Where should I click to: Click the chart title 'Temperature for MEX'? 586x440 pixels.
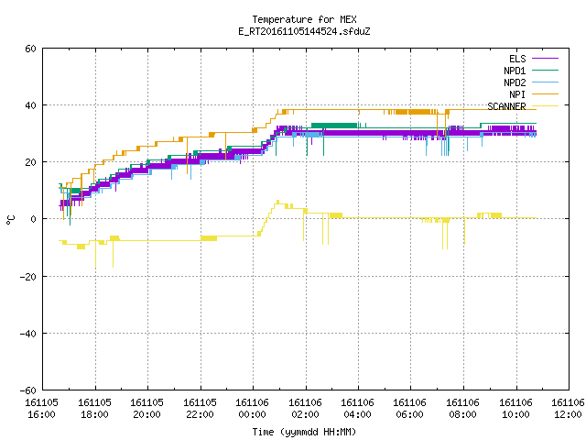pyautogui.click(x=304, y=19)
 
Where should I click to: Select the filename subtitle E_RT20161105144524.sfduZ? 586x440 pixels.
pyautogui.click(x=304, y=31)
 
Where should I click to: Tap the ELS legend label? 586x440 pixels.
pyautogui.click(x=517, y=59)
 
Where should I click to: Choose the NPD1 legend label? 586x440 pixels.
pyautogui.click(x=515, y=71)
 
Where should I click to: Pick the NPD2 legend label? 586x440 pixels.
pyautogui.click(x=515, y=82)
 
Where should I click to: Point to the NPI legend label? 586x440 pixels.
pyautogui.click(x=517, y=94)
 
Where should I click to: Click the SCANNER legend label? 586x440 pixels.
pyautogui.click(x=506, y=106)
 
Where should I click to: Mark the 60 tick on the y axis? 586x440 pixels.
pyautogui.click(x=30, y=49)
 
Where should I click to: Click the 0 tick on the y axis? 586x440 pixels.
pyautogui.click(x=34, y=219)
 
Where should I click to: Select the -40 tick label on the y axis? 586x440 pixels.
pyautogui.click(x=28, y=334)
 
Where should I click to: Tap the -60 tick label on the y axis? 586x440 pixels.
pyautogui.click(x=28, y=390)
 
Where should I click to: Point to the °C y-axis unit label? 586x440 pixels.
pyautogui.click(x=10, y=220)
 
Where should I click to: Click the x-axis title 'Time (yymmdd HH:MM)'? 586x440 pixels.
pyautogui.click(x=304, y=432)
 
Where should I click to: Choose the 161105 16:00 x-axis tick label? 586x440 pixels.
pyautogui.click(x=42, y=409)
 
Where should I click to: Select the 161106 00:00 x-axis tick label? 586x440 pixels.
pyautogui.click(x=253, y=409)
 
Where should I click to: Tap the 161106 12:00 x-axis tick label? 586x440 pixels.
pyautogui.click(x=568, y=409)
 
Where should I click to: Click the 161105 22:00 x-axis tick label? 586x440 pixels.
pyautogui.click(x=200, y=409)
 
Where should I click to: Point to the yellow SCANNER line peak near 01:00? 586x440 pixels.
pyautogui.click(x=277, y=202)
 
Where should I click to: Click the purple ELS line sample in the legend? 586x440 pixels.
pyautogui.click(x=546, y=59)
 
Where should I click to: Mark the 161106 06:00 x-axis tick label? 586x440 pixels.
pyautogui.click(x=410, y=409)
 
